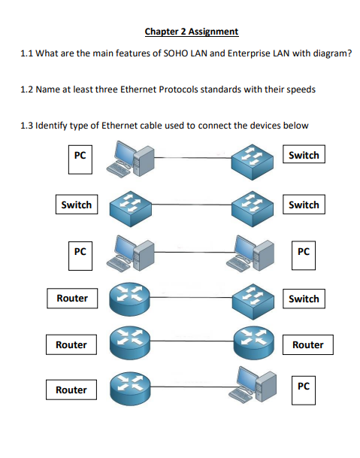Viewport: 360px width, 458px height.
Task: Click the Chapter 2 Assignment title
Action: [192, 32]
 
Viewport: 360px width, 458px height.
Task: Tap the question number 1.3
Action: [26, 126]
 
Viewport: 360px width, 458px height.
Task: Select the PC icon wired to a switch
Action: [130, 159]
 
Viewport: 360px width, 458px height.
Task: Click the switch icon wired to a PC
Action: [253, 161]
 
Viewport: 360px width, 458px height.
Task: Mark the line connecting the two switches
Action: [192, 205]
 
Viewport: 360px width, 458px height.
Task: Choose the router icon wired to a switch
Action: [129, 299]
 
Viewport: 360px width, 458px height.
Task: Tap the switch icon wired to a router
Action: [253, 301]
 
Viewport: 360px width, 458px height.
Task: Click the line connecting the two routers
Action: [192, 341]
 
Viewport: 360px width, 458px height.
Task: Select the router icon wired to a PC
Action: [130, 389]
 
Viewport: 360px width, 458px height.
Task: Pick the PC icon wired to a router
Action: [253, 384]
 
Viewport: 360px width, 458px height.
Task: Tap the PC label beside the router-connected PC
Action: [304, 390]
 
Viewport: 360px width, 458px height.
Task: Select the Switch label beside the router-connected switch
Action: [304, 299]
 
